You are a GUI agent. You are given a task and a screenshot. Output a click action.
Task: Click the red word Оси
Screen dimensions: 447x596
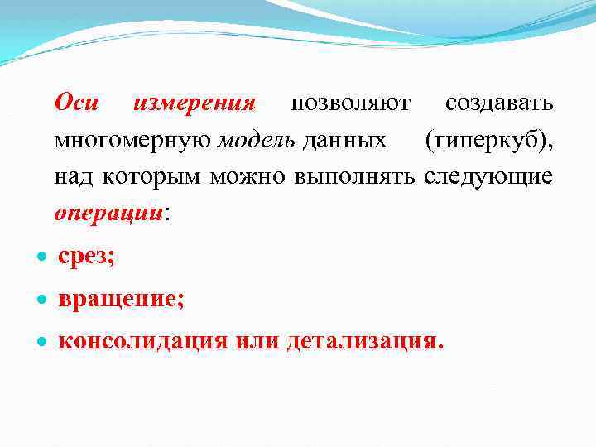point(76,103)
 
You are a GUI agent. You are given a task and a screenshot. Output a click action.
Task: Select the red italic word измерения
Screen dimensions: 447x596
point(194,103)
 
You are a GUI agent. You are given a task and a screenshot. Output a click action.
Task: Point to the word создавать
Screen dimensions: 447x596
point(499,103)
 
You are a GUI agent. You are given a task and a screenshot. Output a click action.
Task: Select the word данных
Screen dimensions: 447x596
point(344,141)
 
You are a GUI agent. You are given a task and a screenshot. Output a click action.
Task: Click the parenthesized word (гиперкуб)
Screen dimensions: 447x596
point(489,141)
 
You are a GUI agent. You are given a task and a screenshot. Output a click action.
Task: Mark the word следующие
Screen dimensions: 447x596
point(488,177)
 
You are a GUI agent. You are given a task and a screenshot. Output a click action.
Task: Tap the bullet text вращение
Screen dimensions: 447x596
point(121,300)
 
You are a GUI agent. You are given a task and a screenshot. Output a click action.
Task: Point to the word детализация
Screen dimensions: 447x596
point(364,341)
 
